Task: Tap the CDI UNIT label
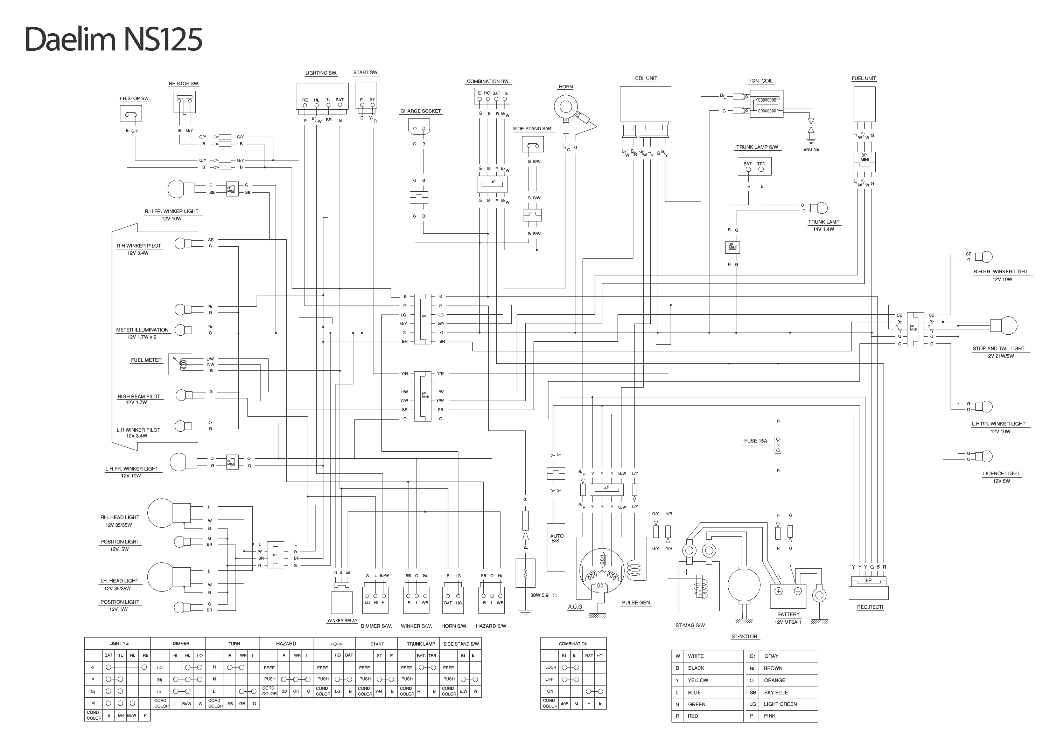(646, 78)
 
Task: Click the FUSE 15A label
(756, 441)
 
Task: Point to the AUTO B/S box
(556, 547)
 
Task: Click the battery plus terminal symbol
(778, 591)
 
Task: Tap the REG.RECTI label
(870, 607)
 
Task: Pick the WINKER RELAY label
(342, 621)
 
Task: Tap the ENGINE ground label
(811, 150)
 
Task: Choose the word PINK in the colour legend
(769, 716)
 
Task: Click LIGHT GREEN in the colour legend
(780, 704)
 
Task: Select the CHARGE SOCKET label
(420, 111)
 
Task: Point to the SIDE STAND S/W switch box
(532, 145)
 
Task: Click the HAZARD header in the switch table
(286, 644)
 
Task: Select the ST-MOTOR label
(744, 636)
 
